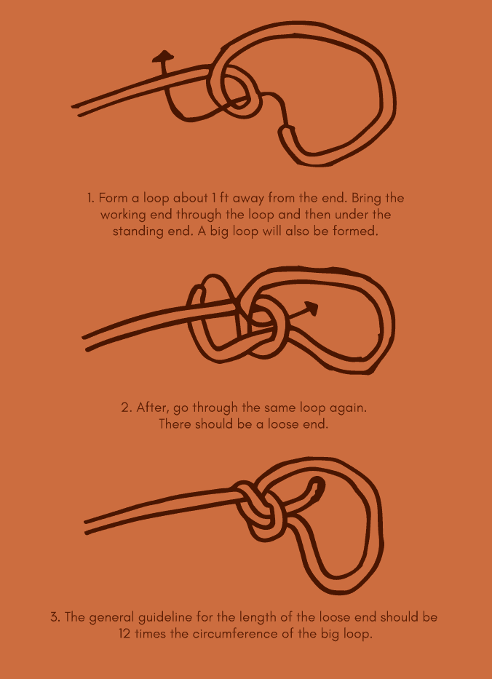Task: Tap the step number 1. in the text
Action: click(x=90, y=199)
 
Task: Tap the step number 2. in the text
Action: click(x=126, y=408)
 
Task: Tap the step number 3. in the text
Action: click(x=55, y=617)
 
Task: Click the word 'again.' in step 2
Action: click(x=348, y=408)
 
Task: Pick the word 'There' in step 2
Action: click(x=175, y=424)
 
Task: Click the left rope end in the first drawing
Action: click(x=76, y=107)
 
